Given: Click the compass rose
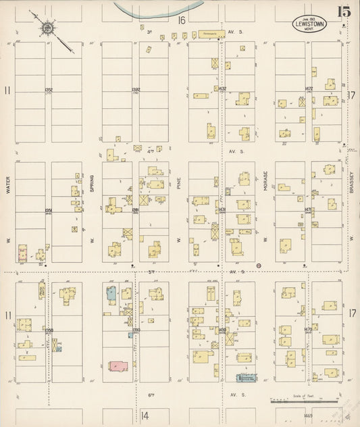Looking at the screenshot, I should pyautogui.click(x=49, y=28).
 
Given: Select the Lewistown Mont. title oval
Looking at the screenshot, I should pyautogui.click(x=307, y=23).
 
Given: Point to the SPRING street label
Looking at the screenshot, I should pyautogui.click(x=93, y=181).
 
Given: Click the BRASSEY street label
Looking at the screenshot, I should pyautogui.click(x=352, y=180).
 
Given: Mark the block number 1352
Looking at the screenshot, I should pyautogui.click(x=49, y=89).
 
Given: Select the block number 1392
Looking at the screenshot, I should pyautogui.click(x=136, y=89).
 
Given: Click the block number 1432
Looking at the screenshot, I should pyautogui.click(x=222, y=89).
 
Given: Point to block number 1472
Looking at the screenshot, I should pyautogui.click(x=309, y=89).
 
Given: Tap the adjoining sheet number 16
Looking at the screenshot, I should pyautogui.click(x=181, y=20).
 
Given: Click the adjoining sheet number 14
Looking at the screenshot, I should pyautogui.click(x=145, y=416).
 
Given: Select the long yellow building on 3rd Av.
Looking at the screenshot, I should pyautogui.click(x=207, y=33).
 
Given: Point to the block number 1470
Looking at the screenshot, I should pyautogui.click(x=308, y=330).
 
